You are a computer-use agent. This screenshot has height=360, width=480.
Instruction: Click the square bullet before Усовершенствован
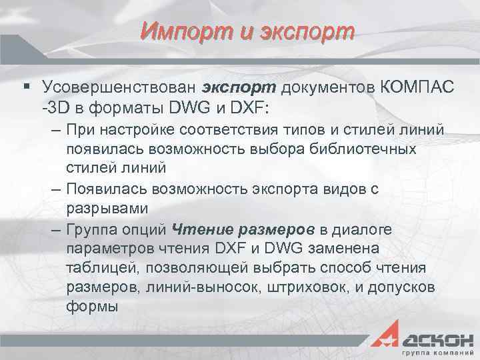25,87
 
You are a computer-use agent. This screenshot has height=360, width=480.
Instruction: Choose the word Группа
90,230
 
